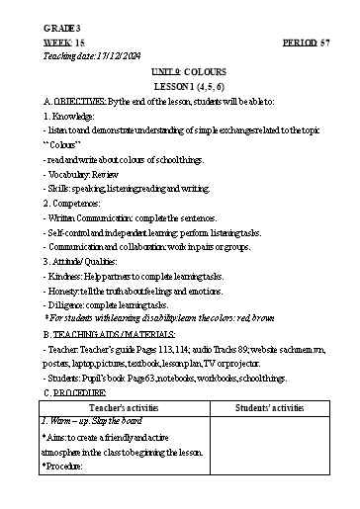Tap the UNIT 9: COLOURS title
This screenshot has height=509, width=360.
177,73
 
